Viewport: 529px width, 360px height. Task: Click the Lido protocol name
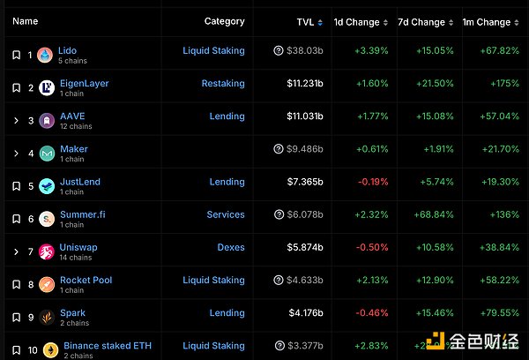tap(67, 51)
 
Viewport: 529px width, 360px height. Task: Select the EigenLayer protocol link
tap(84, 84)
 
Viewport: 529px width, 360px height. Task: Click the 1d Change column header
tap(356, 22)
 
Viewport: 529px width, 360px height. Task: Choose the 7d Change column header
tap(421, 22)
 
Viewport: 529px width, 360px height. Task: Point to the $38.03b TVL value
tap(304, 51)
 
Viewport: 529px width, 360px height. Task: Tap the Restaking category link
tap(222, 84)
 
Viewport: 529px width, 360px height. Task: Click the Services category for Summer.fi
tap(226, 214)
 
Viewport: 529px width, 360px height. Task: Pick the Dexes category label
tap(231, 247)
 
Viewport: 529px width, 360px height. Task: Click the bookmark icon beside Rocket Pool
tap(16, 284)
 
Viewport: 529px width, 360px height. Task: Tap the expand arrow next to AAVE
tap(16, 121)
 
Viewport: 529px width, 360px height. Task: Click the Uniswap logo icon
tap(46, 251)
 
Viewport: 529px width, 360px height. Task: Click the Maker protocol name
tap(73, 149)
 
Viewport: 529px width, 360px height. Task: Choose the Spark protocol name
tap(72, 312)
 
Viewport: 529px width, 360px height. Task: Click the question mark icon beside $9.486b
tap(279, 149)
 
